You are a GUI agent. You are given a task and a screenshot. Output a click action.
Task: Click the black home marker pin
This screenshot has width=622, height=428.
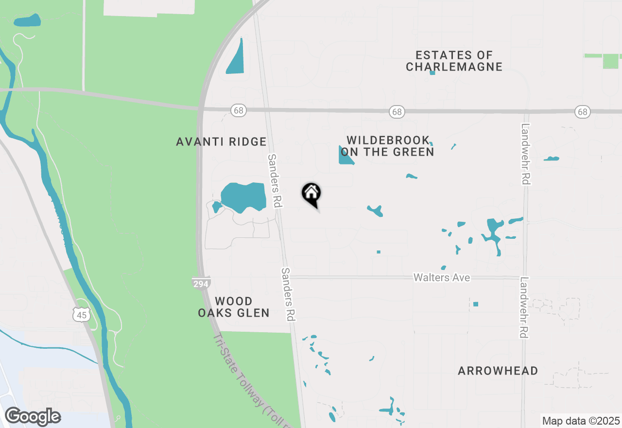311,194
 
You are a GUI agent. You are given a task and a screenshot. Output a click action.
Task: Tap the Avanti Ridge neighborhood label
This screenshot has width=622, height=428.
221,142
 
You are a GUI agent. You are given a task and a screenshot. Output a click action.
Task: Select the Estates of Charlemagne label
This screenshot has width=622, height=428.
454,61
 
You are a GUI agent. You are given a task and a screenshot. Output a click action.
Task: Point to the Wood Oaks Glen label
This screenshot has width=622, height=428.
234,307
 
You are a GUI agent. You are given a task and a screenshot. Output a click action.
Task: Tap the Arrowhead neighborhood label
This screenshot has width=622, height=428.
498,371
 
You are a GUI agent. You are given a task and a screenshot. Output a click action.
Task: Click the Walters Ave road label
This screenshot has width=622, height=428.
442,277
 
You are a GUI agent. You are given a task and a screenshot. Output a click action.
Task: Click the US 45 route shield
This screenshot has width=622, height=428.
81,315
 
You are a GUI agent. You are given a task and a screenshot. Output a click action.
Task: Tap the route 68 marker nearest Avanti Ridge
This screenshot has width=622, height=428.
238,110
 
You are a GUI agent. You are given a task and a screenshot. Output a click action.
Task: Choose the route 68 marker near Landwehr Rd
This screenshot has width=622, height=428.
582,112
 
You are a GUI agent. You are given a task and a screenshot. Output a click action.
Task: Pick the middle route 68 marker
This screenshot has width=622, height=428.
397,112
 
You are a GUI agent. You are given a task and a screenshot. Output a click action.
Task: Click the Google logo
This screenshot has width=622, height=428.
33,416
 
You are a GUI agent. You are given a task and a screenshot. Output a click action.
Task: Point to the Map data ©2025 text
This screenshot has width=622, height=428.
581,421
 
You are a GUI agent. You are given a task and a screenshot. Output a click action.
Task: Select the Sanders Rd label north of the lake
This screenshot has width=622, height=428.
275,181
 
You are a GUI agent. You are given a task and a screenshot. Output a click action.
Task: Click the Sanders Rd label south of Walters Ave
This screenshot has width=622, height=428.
289,294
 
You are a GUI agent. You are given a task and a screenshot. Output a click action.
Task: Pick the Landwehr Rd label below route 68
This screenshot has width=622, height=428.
525,154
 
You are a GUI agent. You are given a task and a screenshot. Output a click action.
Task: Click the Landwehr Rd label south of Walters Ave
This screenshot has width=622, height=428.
524,307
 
